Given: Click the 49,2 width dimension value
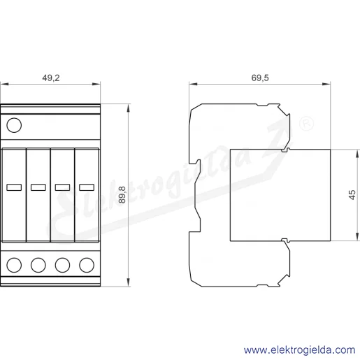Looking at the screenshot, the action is (51, 78).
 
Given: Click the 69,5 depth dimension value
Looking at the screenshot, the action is (260, 78).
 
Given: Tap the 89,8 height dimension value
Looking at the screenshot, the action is (122, 195).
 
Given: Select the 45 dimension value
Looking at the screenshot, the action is (352, 195).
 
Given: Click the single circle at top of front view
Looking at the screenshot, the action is (14, 125).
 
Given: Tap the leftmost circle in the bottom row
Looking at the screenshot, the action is (14, 265).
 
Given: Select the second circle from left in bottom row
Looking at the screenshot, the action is (38, 265).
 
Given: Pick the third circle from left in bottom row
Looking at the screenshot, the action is (62, 265).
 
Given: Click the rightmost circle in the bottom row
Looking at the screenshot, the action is (87, 265).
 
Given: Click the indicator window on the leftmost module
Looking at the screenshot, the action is (14, 187).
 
